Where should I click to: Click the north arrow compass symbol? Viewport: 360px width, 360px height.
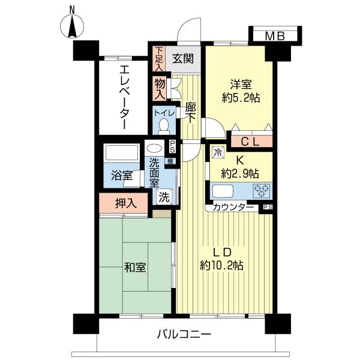[x=72, y=26]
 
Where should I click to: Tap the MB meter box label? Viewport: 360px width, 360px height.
[x=275, y=36]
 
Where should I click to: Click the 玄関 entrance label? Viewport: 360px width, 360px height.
[x=183, y=59]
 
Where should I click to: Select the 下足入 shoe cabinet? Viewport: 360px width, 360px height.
[x=158, y=59]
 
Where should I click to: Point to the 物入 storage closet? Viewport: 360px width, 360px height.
[x=160, y=89]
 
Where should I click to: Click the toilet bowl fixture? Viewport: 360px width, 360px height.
[x=164, y=126]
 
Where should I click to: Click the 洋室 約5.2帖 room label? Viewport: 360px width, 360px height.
[x=241, y=91]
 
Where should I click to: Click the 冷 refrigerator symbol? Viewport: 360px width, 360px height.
[x=218, y=152]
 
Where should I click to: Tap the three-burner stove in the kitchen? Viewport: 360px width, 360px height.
[x=262, y=191]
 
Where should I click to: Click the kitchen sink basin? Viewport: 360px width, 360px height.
[x=223, y=191]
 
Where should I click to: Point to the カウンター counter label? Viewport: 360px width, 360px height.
[x=233, y=208]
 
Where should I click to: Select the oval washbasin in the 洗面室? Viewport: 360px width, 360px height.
[x=154, y=148]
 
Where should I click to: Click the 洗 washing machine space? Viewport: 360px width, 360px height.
[x=164, y=196]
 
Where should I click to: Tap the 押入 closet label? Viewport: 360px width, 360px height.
[x=126, y=203]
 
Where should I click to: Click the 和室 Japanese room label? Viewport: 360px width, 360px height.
[x=135, y=268]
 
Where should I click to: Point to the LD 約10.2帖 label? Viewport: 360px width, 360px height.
[x=222, y=259]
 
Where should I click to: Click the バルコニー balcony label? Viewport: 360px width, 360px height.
[x=184, y=334]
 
